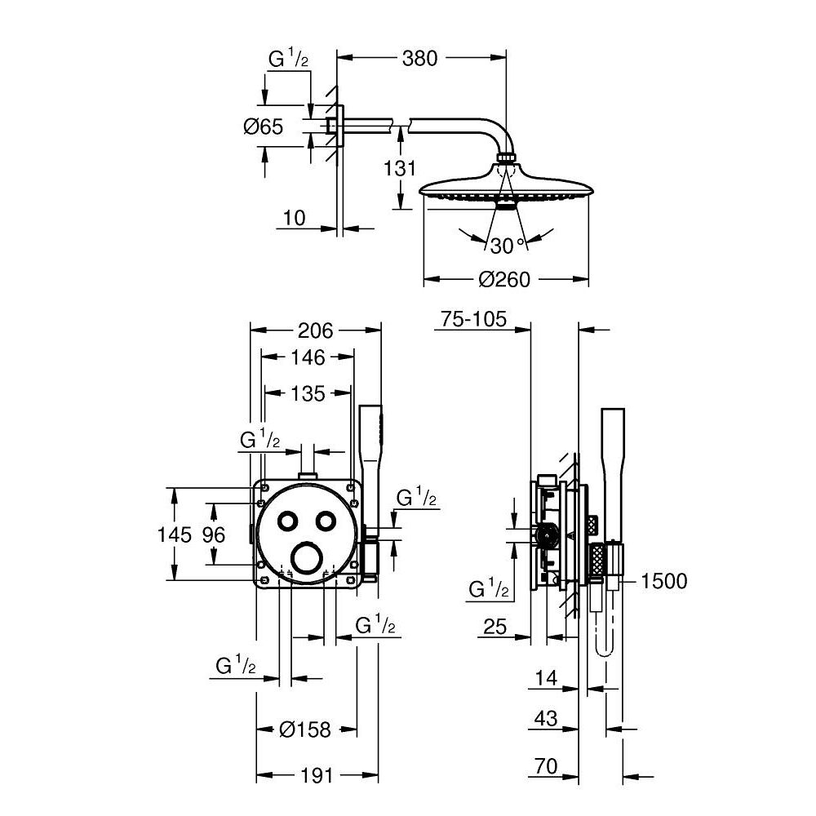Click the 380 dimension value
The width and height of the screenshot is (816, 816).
[419, 58]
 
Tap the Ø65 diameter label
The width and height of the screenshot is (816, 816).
[263, 126]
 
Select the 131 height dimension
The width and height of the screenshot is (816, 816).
[400, 169]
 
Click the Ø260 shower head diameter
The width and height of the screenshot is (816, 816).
[504, 280]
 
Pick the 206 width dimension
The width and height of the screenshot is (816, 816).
[315, 330]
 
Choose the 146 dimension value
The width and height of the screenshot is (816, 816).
[307, 357]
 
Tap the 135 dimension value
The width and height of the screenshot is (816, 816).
[308, 393]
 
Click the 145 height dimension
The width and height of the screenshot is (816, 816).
[175, 534]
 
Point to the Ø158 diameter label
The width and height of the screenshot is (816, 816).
[305, 729]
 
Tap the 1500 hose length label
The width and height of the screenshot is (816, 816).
[664, 581]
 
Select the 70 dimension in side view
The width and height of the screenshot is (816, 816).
[546, 766]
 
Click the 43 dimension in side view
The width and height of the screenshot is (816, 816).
[546, 720]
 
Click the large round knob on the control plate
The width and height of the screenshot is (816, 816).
[306, 559]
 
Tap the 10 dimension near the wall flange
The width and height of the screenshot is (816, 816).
[295, 218]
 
